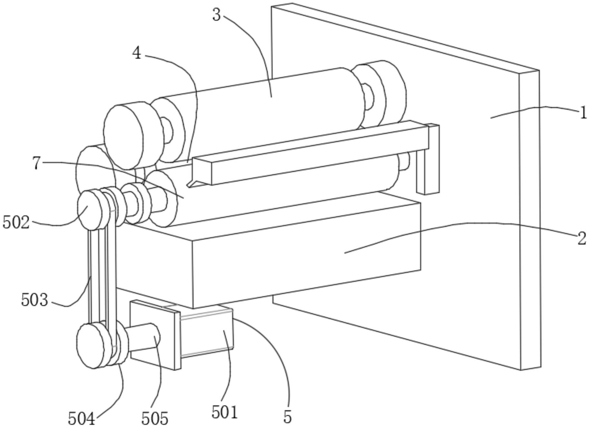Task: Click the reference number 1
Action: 583,113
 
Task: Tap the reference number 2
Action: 582,239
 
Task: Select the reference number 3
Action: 217,15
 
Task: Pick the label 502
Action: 16,222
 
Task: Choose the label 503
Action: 34,300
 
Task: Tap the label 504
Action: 81,419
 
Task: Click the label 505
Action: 155,419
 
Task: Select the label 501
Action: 224,412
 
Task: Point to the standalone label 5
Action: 288,417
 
